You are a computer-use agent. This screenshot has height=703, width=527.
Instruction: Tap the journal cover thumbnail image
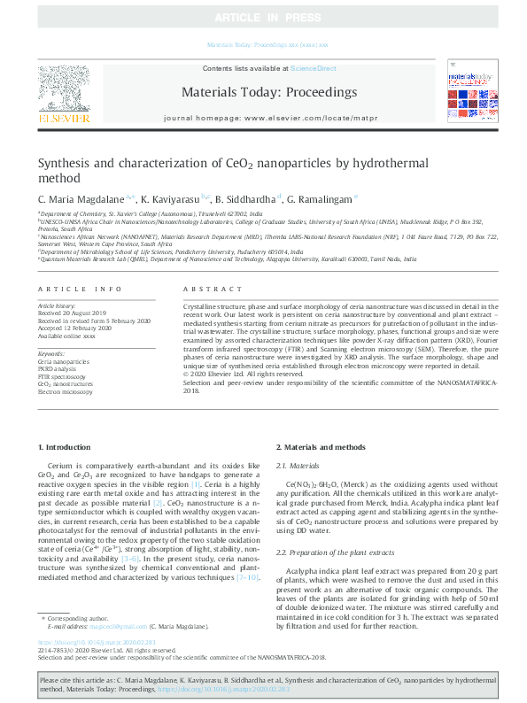[x=468, y=93]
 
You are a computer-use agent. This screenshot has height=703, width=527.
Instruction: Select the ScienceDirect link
[x=314, y=68]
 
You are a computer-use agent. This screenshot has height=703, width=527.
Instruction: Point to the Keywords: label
[x=52, y=352]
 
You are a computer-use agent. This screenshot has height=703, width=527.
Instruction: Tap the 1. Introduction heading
[x=67, y=449]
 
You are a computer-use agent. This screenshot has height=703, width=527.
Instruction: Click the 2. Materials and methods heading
[x=320, y=449]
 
